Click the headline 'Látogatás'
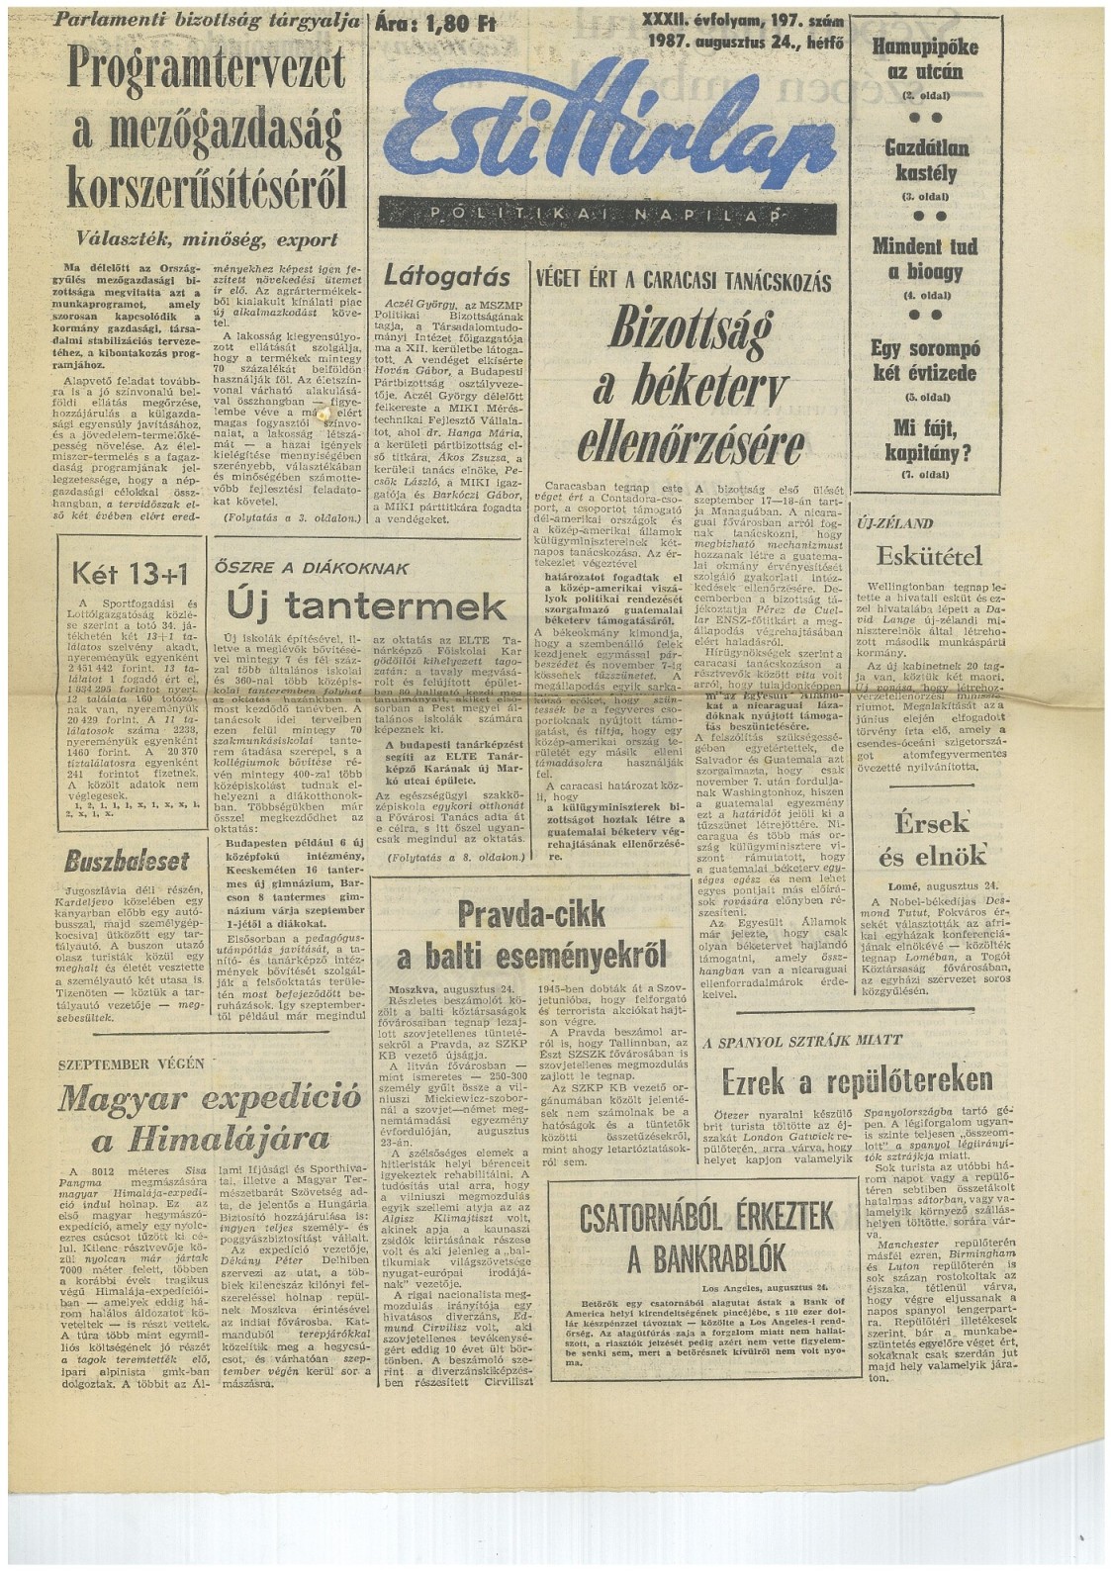tap(447, 276)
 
